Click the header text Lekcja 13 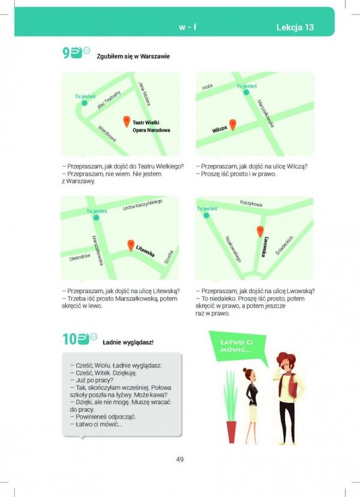(295, 27)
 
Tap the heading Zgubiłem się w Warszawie (133, 56)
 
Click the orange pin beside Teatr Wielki (127, 122)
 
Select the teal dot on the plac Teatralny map (85, 103)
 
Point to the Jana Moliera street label (145, 94)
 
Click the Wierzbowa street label (107, 134)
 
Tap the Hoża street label (208, 87)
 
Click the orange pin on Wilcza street (232, 125)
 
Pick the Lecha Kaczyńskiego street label (142, 204)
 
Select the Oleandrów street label (80, 257)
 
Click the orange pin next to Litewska (131, 246)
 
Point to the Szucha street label (169, 257)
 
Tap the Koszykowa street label (251, 203)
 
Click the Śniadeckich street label (284, 245)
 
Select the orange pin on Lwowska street (260, 231)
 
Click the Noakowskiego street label (233, 249)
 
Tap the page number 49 (180, 459)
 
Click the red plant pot (231, 432)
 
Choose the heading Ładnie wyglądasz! (128, 342)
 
